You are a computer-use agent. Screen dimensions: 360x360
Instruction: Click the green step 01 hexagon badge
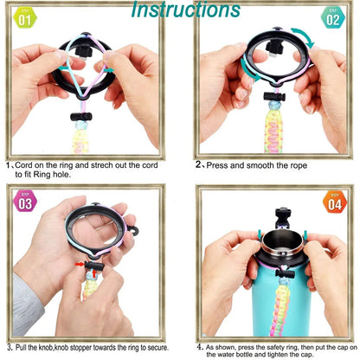point(25,18)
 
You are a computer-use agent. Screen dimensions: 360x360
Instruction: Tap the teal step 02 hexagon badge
point(333,18)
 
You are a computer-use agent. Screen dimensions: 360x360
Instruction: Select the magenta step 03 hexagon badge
point(25,201)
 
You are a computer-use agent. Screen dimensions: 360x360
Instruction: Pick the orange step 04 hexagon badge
point(335,202)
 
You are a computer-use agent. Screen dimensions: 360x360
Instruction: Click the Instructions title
point(185,10)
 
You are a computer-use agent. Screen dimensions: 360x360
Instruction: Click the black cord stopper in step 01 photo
point(81,117)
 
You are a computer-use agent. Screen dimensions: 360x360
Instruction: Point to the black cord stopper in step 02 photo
point(274,97)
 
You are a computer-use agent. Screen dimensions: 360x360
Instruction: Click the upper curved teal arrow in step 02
point(303,37)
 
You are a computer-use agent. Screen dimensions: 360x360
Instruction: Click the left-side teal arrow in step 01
point(63,68)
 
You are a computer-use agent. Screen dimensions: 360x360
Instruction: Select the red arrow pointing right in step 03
point(80,264)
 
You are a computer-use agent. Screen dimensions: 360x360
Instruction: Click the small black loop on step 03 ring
point(133,230)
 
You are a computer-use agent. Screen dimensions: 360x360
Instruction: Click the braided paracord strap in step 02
point(273,128)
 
